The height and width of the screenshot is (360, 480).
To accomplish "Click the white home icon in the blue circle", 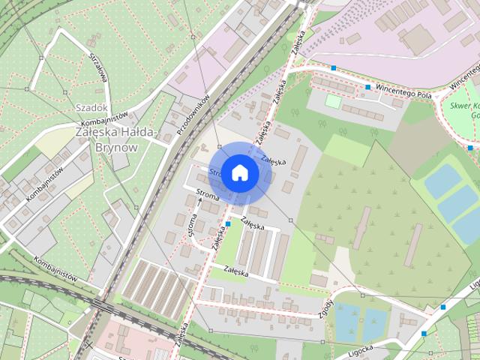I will (x=239, y=172).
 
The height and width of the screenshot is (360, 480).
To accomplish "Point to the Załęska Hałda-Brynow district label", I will (x=116, y=139).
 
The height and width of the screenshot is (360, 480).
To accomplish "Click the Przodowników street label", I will (x=193, y=115).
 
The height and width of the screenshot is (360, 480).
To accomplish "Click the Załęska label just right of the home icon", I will (x=274, y=159).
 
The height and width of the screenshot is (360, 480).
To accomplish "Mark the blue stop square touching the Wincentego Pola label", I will (x=368, y=88).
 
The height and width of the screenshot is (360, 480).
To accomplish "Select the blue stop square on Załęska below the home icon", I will (x=227, y=223).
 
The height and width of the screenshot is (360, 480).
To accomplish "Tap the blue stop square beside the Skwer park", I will (x=470, y=148).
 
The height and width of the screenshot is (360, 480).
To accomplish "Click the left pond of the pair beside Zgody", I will (x=347, y=321).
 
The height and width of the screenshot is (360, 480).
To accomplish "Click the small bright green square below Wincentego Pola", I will (x=332, y=100).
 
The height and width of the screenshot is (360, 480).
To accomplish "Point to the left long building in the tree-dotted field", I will (x=361, y=228).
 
